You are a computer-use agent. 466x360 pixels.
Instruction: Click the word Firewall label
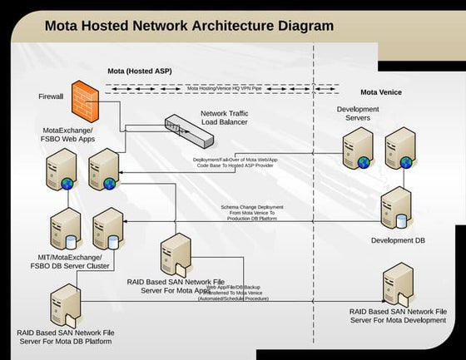(51, 97)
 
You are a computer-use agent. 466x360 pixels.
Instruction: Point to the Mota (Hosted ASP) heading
(141, 72)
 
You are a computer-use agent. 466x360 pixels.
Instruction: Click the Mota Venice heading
(381, 92)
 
